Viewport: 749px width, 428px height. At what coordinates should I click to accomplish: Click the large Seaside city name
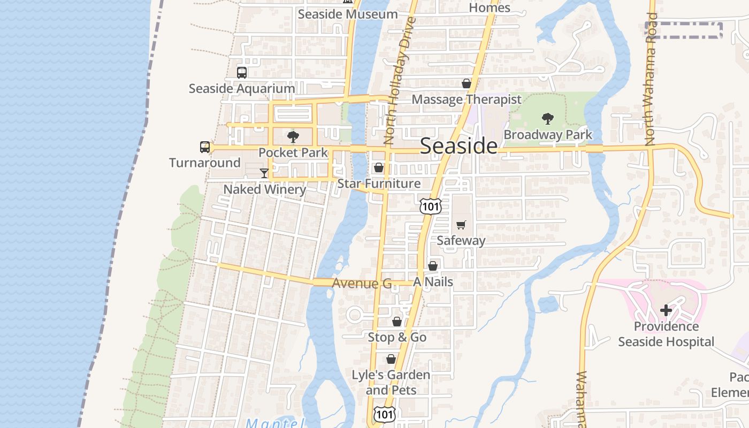[458, 146]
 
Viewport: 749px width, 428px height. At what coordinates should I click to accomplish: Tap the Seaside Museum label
[348, 14]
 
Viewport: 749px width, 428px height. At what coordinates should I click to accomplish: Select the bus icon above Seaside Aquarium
[242, 72]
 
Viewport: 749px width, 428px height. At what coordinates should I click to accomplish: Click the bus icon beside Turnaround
[205, 147]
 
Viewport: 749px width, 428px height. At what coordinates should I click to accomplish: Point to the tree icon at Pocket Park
[293, 137]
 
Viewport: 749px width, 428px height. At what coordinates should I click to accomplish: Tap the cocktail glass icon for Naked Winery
[264, 173]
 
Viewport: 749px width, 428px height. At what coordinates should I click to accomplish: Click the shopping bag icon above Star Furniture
[379, 168]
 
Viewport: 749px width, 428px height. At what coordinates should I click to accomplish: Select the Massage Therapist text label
[466, 100]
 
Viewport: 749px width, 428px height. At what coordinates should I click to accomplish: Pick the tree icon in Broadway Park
[547, 119]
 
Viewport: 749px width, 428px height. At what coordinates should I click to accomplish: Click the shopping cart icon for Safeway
[461, 225]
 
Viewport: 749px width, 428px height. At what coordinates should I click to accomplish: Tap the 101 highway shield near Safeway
[430, 206]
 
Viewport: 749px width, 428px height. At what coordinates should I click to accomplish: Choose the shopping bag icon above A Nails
[433, 266]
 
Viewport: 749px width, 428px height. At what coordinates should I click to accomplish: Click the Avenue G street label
[362, 283]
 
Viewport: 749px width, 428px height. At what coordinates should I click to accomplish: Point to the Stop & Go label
[397, 337]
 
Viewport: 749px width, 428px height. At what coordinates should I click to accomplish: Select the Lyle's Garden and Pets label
[391, 382]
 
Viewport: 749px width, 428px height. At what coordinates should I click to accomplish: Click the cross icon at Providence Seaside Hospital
[666, 310]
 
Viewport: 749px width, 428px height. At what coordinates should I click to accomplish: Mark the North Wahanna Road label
[649, 80]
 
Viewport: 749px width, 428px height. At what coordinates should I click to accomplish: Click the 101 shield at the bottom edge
[384, 414]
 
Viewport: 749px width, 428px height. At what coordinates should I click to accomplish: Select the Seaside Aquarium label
[242, 88]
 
